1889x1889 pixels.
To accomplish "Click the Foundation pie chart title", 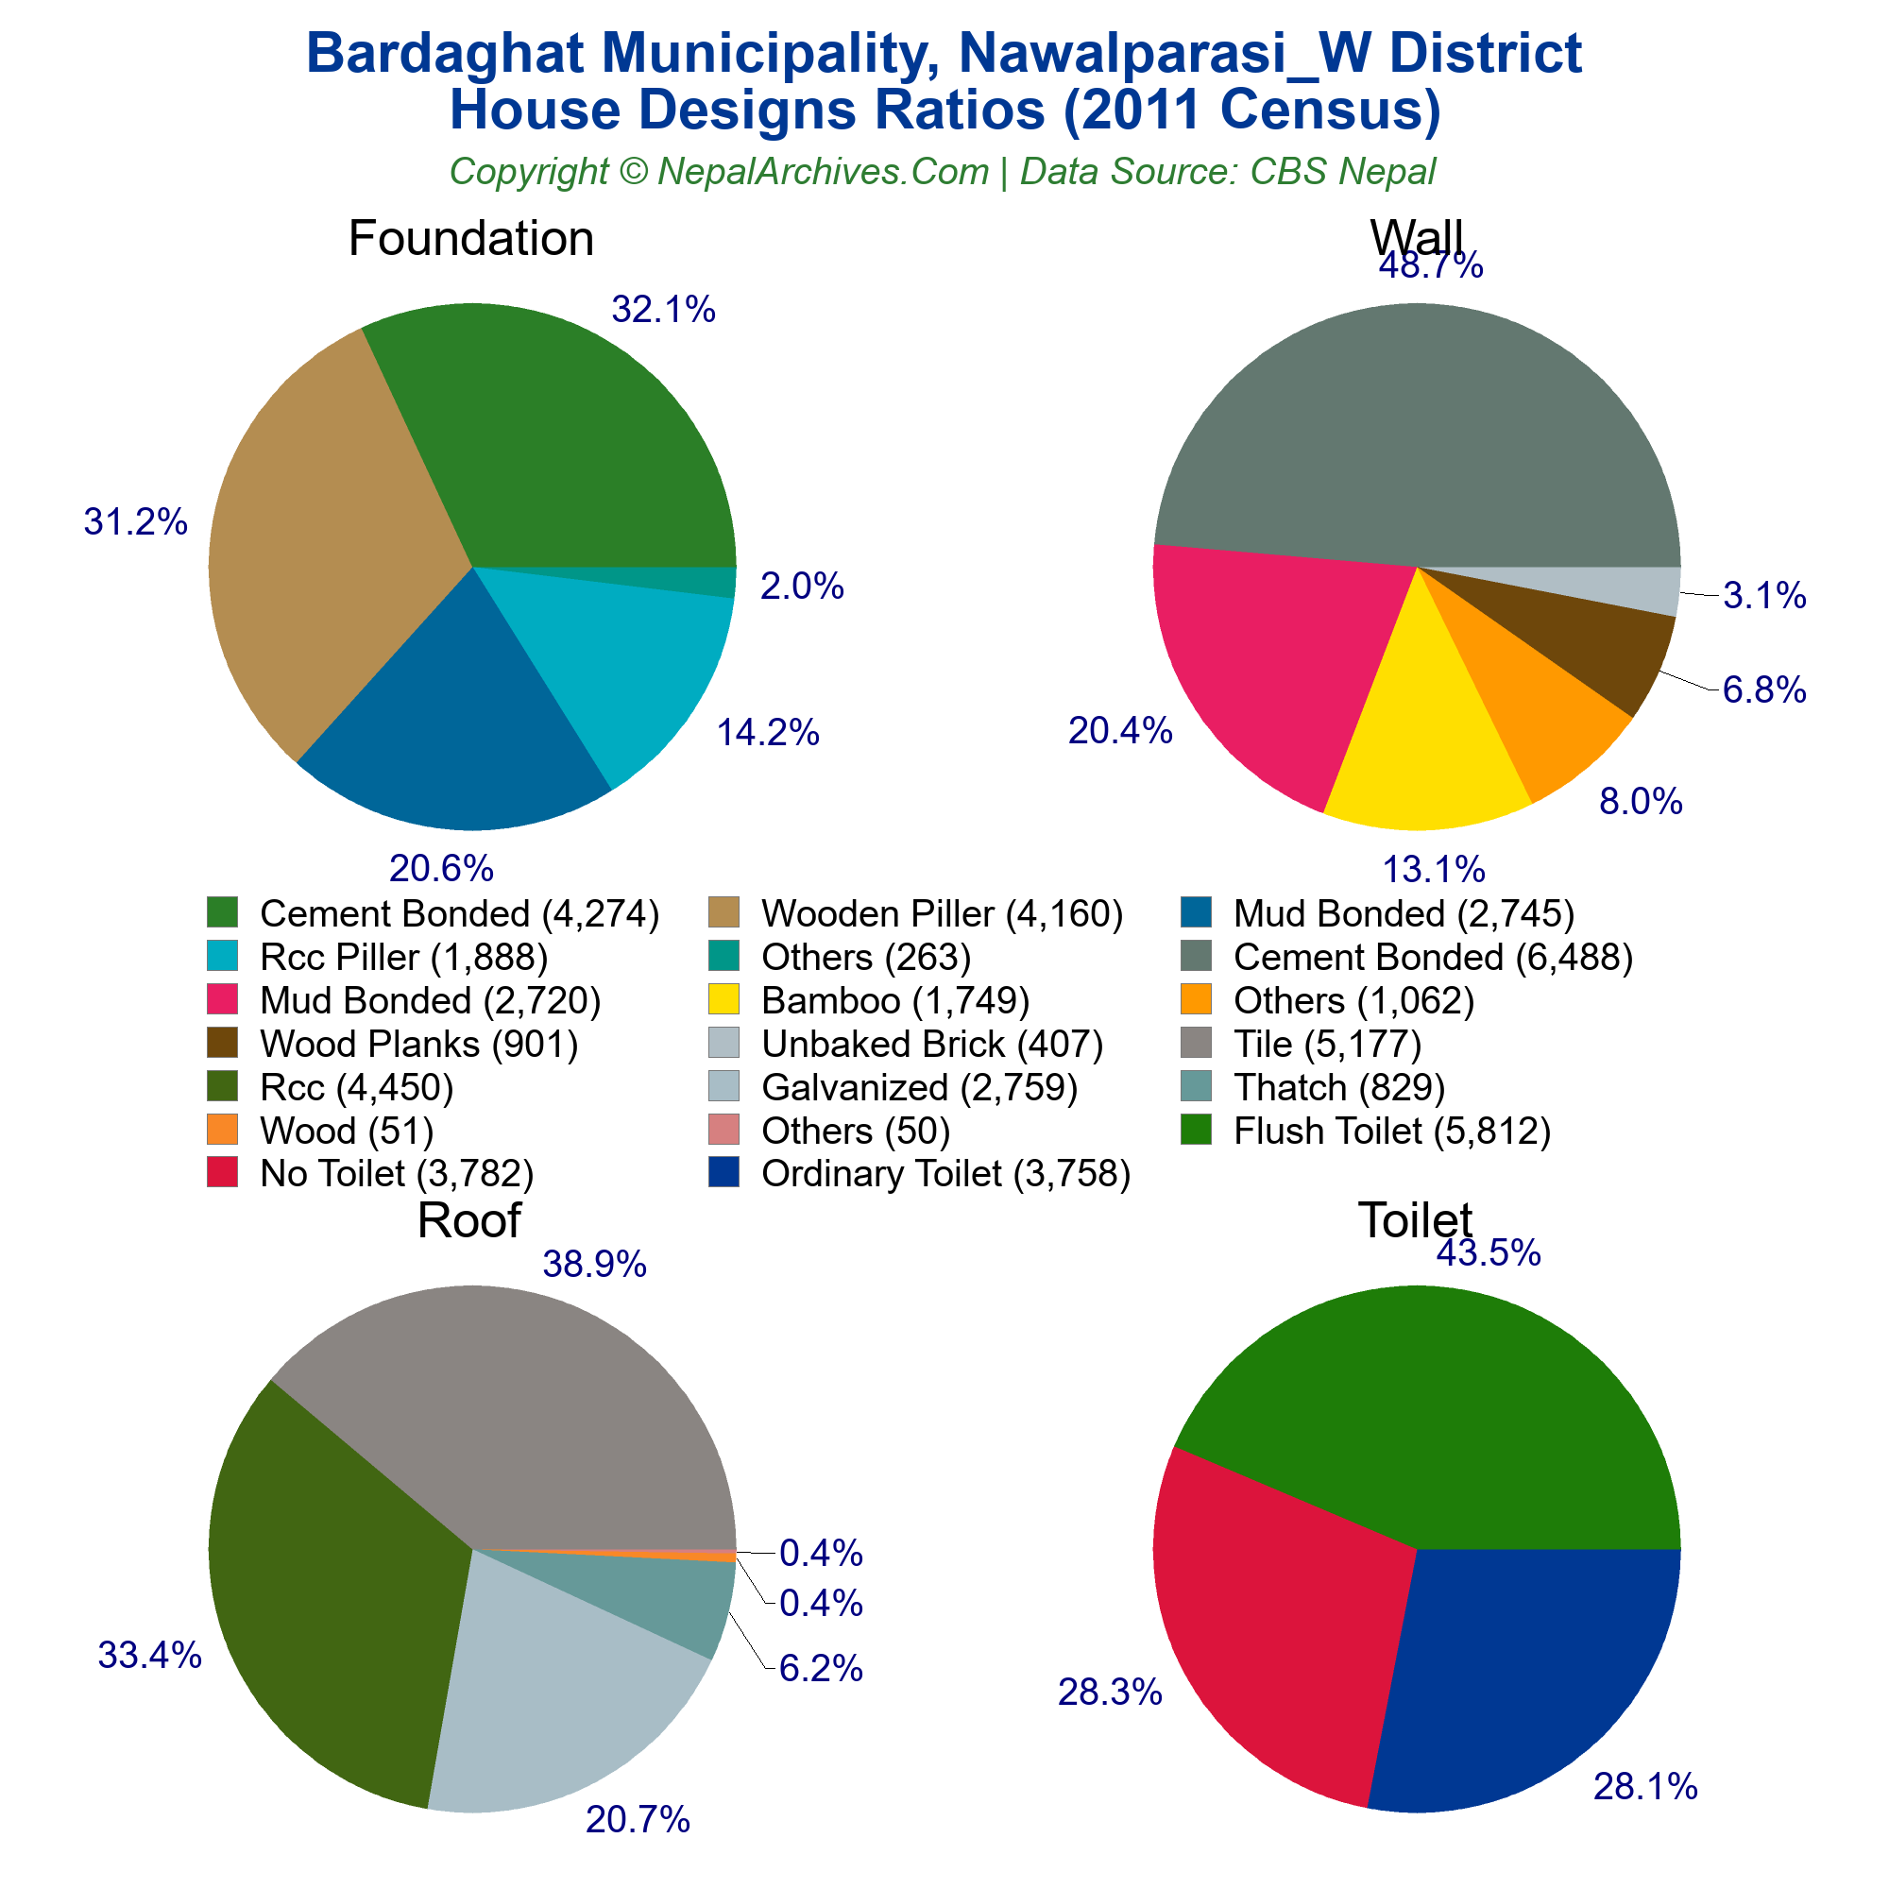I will (x=470, y=239).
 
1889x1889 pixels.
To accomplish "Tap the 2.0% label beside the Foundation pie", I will (x=802, y=587).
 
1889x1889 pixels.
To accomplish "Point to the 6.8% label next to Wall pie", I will (x=1763, y=690).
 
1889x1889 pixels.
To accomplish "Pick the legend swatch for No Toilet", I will (x=223, y=1171).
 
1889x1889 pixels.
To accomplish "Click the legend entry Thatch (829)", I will (x=1338, y=1086).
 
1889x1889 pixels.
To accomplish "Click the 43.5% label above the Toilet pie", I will (x=1489, y=1252).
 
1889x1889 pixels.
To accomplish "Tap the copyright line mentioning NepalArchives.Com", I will (x=943, y=171).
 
